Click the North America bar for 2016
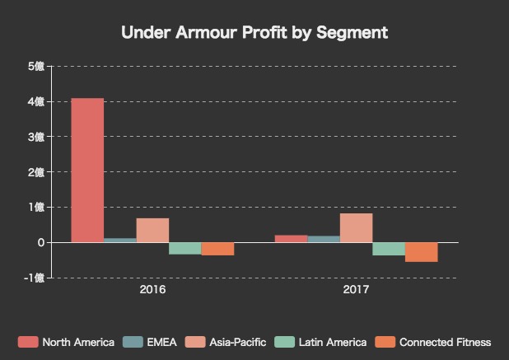[x=87, y=171]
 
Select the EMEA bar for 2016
[x=120, y=241]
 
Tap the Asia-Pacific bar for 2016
[x=152, y=231]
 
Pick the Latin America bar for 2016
[x=185, y=248]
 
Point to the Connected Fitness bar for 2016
[x=217, y=249]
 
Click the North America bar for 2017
[x=291, y=239]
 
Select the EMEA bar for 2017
[x=324, y=240]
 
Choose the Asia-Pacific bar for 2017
[x=356, y=228]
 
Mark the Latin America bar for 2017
[x=389, y=249]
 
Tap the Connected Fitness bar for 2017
[x=421, y=252]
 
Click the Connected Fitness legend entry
[x=433, y=342]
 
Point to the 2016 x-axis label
[x=152, y=291]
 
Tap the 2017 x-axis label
[x=356, y=291]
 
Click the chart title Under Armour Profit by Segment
[x=254, y=33]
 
